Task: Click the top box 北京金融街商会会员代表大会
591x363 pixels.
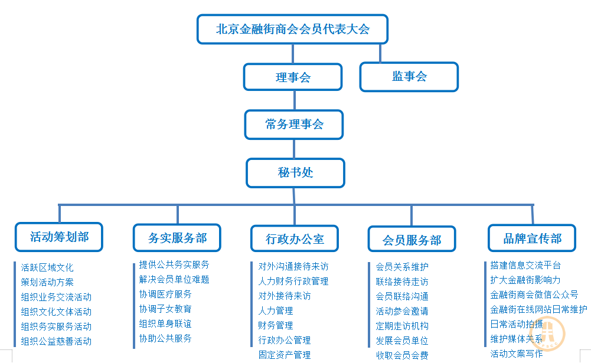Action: click(x=292, y=29)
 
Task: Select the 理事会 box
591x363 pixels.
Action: click(x=293, y=77)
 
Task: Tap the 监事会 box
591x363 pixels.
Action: click(x=409, y=77)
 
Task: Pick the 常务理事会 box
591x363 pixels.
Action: click(x=294, y=125)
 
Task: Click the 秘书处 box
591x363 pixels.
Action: click(x=295, y=172)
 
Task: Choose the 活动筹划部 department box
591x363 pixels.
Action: click(x=59, y=237)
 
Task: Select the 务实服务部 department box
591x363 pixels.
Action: click(x=177, y=238)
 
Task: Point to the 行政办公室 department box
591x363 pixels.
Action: click(x=295, y=238)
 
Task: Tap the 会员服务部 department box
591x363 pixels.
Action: click(x=412, y=239)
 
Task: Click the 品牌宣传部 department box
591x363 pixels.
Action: click(x=532, y=238)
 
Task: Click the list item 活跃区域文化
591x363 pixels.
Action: click(x=47, y=267)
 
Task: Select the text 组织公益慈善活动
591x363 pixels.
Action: click(x=56, y=341)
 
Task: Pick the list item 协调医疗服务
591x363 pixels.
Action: click(x=165, y=294)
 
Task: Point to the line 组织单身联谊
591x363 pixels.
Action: click(x=165, y=323)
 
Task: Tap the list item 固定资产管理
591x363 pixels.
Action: click(x=285, y=355)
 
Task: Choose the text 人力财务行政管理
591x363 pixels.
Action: click(x=293, y=281)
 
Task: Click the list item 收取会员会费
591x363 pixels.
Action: click(x=402, y=355)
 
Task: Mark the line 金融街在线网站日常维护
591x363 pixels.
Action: click(x=538, y=309)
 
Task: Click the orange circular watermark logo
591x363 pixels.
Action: click(x=547, y=333)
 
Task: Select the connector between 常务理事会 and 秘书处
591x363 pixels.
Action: click(x=294, y=149)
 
